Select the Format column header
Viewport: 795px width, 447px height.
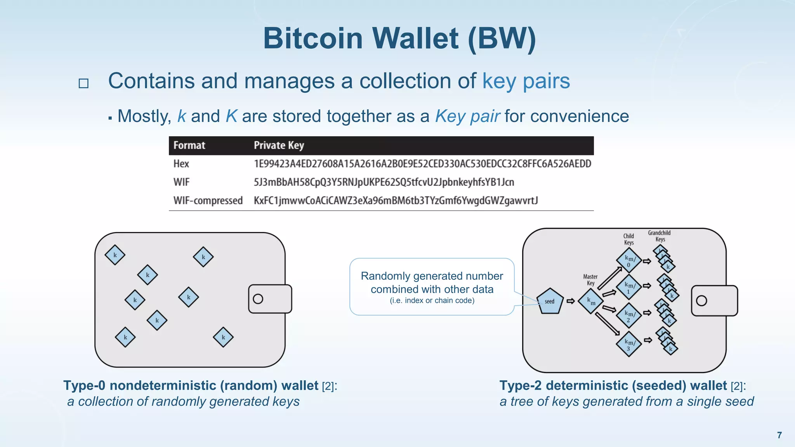point(189,146)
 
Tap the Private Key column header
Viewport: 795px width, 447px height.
point(279,146)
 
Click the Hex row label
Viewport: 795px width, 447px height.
point(181,164)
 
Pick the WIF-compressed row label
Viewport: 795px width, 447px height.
point(208,201)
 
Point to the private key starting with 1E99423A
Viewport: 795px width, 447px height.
point(422,164)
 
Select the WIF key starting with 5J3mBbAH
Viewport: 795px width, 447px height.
point(384,182)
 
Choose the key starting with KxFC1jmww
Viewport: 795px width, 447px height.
point(396,201)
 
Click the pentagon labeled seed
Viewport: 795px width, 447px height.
point(550,301)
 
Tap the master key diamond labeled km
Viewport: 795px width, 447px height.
point(590,301)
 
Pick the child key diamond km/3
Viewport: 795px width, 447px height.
point(628,344)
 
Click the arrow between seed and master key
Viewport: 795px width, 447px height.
point(570,301)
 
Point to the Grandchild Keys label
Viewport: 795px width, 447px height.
point(659,236)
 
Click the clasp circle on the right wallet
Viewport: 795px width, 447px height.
point(701,301)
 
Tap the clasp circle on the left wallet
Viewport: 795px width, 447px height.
point(258,299)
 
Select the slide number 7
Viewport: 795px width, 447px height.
point(779,435)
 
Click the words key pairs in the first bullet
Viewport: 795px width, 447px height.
point(526,81)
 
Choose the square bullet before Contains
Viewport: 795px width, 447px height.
point(83,83)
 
